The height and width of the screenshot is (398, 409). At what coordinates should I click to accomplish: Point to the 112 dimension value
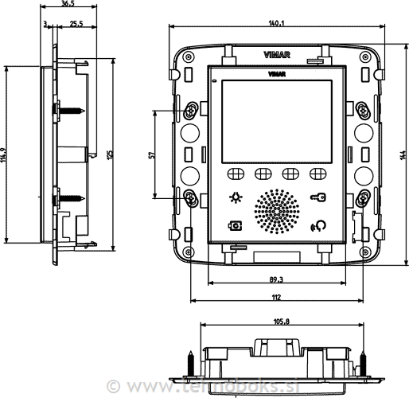click(275, 296)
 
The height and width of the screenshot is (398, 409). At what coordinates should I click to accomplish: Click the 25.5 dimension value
click(76, 25)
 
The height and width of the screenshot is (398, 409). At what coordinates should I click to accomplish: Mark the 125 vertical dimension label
click(109, 153)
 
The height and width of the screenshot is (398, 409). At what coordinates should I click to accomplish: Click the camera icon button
click(235, 225)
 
